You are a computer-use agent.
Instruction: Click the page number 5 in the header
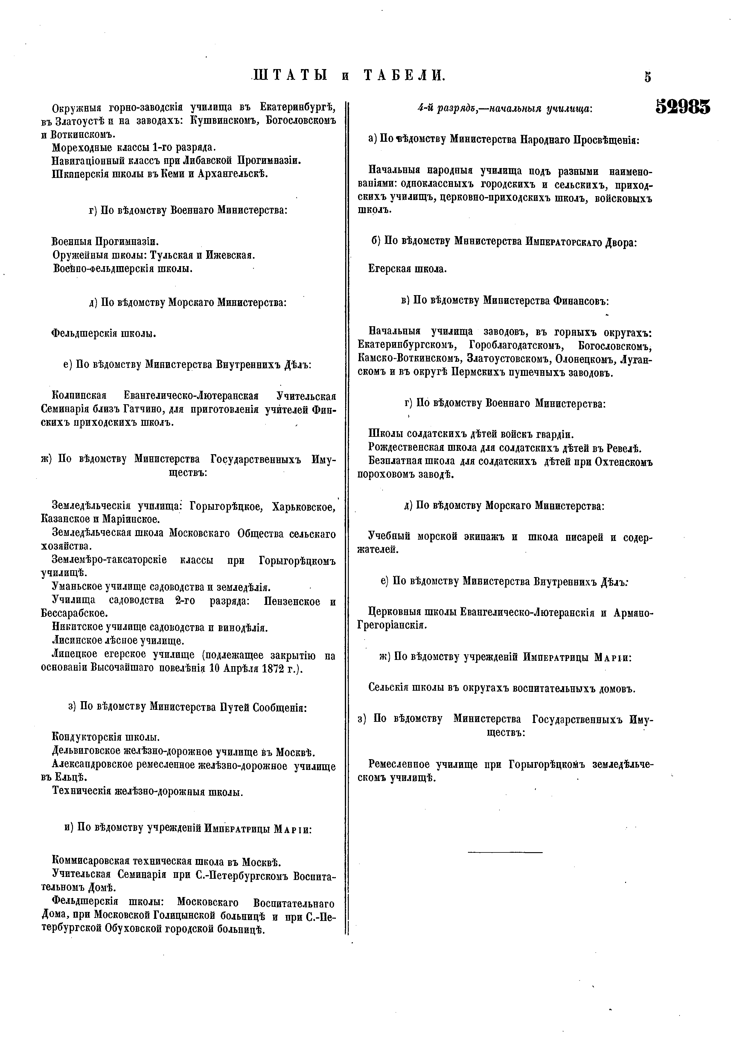click(x=648, y=77)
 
